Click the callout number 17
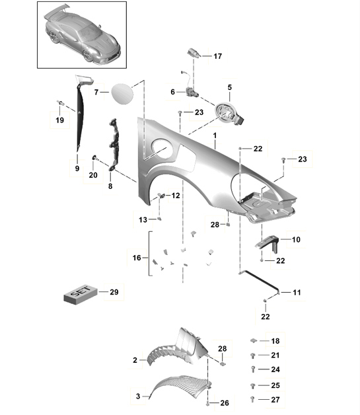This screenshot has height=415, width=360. pos(217,57)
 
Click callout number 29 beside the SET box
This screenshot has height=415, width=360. pos(113,291)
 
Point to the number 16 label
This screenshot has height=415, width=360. pos(136,258)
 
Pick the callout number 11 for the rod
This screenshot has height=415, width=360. pos(297,291)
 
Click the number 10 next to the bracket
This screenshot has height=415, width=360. pos(296,239)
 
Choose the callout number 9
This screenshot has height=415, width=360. pos(77,169)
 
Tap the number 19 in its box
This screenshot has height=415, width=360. pos(59,120)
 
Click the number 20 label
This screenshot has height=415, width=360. pos(93,175)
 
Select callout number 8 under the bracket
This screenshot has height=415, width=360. pos(110,187)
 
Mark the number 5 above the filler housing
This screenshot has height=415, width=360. pos(230,87)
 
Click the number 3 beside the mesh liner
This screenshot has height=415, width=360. pos(137,396)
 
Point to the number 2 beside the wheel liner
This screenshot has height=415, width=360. pos(135,360)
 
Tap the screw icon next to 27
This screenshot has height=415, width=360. pos(253,399)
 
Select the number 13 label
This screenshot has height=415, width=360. pos(143,219)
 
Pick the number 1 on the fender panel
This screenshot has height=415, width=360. pos(215,135)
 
